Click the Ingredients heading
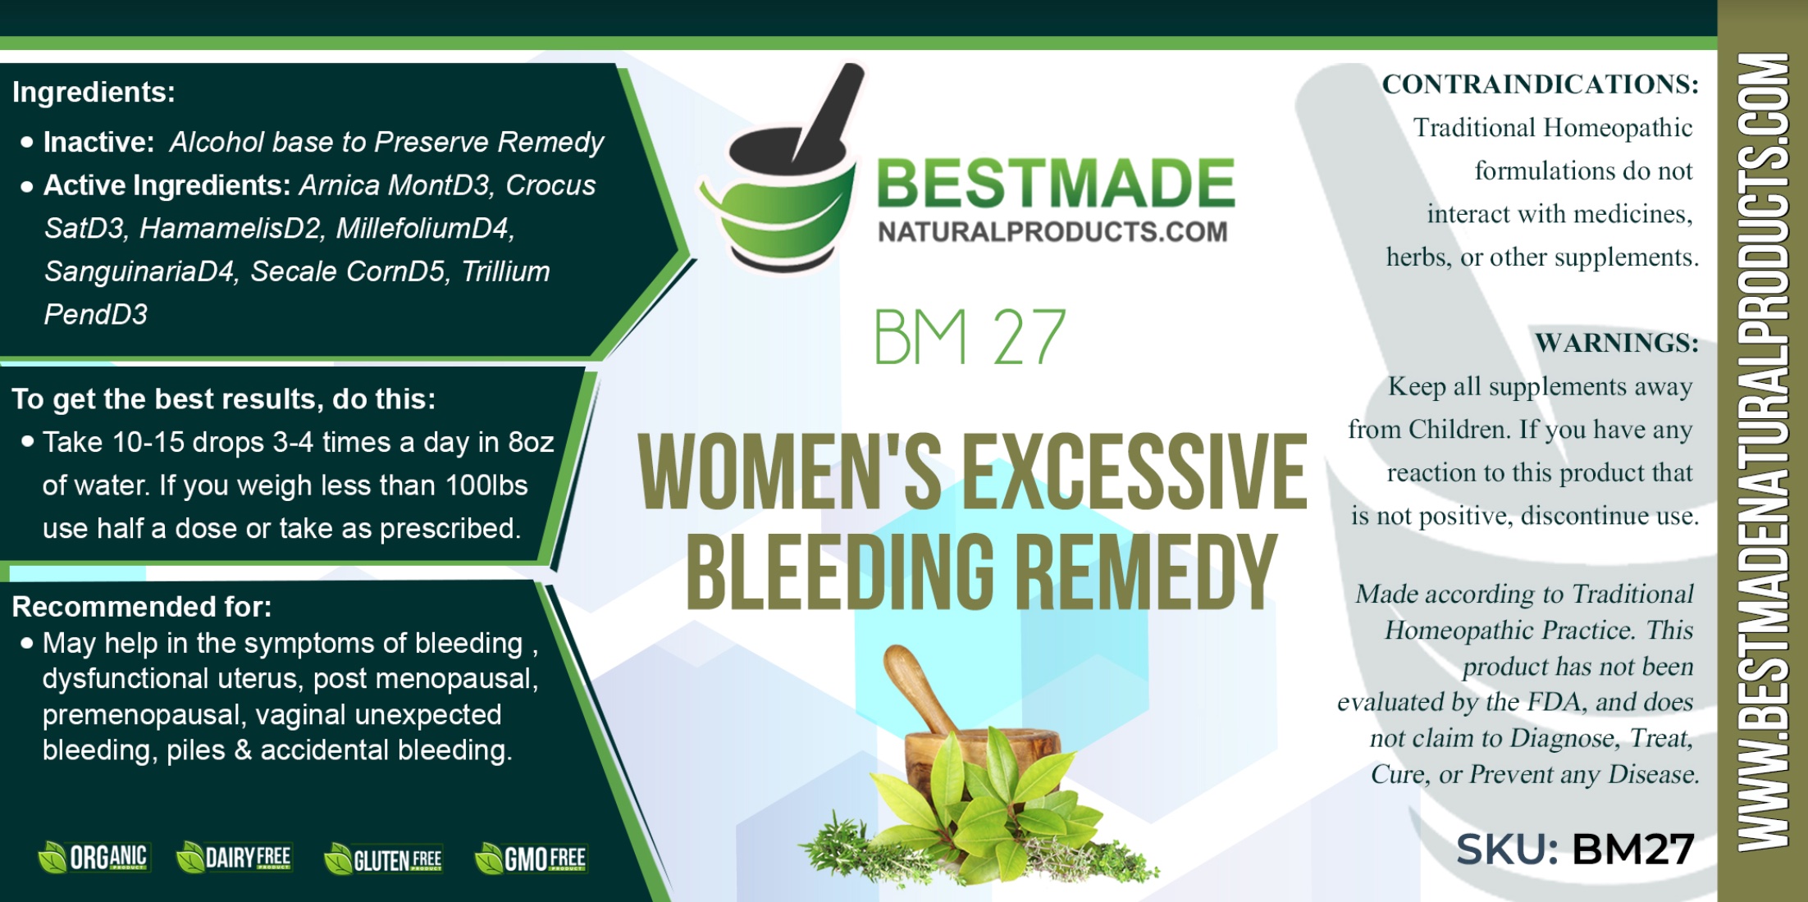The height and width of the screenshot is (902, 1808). (94, 92)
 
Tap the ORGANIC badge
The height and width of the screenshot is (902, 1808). (94, 858)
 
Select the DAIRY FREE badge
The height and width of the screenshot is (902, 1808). (235, 858)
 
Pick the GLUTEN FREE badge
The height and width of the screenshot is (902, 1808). (384, 859)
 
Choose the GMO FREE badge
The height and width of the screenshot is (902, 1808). (532, 859)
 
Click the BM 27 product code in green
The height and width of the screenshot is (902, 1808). (969, 337)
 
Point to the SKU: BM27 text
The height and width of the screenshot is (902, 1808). (1575, 849)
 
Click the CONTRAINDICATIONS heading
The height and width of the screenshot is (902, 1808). (1540, 84)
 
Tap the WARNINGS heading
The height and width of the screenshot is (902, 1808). (1616, 342)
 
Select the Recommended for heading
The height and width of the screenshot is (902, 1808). (141, 607)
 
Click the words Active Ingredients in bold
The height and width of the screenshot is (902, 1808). (167, 186)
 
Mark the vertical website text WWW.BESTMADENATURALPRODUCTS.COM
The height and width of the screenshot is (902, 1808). (1763, 452)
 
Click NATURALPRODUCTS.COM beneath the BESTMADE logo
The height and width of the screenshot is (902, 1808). (1052, 232)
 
